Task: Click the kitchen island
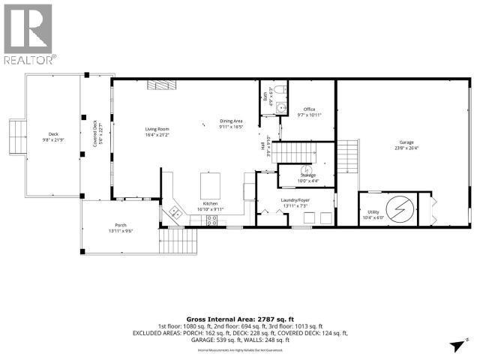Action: [209, 184]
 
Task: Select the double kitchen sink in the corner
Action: [175, 212]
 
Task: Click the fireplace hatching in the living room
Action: [157, 86]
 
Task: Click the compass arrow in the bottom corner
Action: [456, 346]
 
